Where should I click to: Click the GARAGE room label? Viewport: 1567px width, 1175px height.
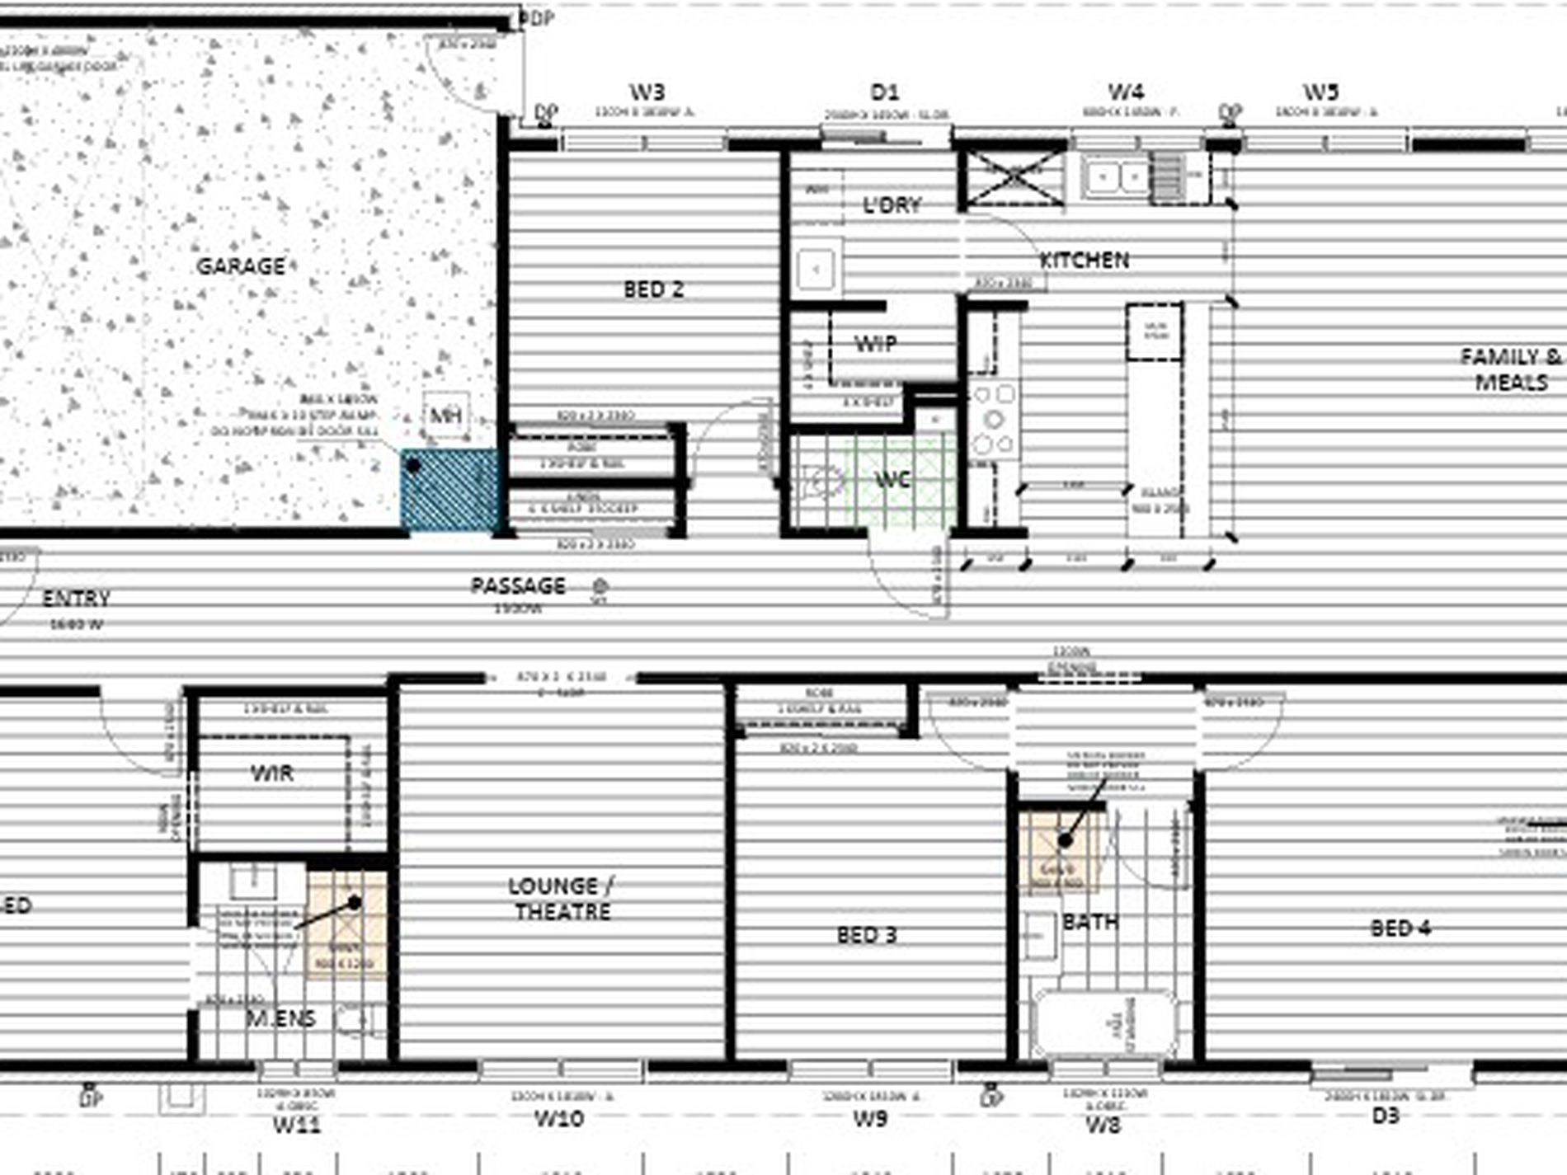[x=241, y=266]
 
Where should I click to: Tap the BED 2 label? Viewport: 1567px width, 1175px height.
[x=653, y=289]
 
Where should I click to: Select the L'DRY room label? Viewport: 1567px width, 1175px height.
[x=892, y=204]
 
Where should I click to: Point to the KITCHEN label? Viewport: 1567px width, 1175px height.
[x=1084, y=261]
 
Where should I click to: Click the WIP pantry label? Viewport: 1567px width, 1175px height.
[x=875, y=343]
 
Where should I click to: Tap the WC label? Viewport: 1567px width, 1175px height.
[x=892, y=479]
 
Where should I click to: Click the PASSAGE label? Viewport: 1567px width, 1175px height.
[x=518, y=586]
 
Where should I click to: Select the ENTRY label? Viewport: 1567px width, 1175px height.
[x=76, y=599]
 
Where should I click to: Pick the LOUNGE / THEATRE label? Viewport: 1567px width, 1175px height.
[x=562, y=899]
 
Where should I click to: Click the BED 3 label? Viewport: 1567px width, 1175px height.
[x=866, y=935]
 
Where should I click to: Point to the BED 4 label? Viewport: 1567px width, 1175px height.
[x=1400, y=928]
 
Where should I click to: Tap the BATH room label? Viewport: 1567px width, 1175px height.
[x=1090, y=922]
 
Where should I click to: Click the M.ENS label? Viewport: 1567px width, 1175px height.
[x=281, y=1019]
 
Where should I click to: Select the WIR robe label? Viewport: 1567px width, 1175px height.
[x=272, y=773]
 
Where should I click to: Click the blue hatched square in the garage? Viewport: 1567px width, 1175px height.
[x=449, y=490]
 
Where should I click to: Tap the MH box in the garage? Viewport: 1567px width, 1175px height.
[x=446, y=416]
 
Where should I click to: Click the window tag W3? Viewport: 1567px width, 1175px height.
[x=647, y=92]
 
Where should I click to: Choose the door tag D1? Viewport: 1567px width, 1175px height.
[x=884, y=92]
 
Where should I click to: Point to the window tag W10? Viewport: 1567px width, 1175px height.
[x=559, y=1119]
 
